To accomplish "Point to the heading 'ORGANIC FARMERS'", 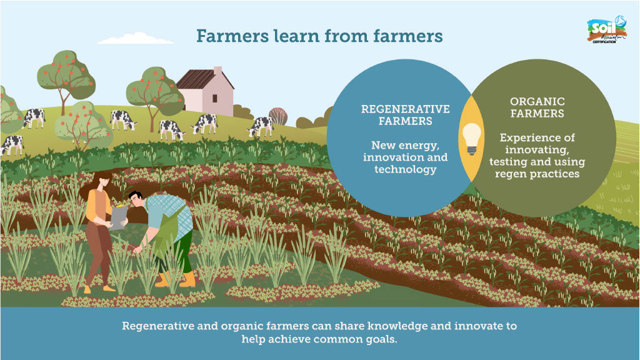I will pos(537,107).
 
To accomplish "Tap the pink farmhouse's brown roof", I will pos(199,79).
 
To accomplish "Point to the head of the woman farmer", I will pos(101,181).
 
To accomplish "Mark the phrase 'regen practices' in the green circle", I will pos(537,174).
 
